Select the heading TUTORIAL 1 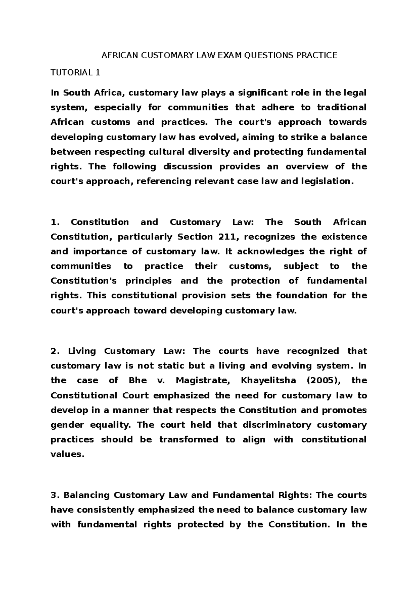click(76, 73)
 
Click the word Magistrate click(203, 381)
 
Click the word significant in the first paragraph click(248, 93)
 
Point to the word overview click(307, 167)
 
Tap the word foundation click(301, 295)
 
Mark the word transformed click(189, 440)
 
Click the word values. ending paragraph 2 click(68, 454)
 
